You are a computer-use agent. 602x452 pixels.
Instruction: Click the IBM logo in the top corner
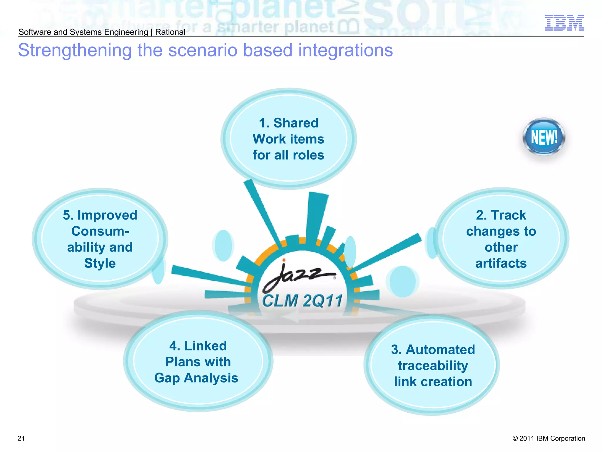point(564,23)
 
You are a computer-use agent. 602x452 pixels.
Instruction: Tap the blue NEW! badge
point(544,137)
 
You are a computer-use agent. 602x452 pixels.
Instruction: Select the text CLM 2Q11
point(302,301)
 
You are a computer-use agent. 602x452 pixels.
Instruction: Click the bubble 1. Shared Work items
point(288,139)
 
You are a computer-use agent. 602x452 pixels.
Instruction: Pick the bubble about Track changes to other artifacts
point(501,239)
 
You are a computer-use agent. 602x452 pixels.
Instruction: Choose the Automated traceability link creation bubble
point(433,365)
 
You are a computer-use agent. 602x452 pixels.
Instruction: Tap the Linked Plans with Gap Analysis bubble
point(198,362)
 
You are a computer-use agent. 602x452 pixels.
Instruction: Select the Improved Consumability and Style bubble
point(100,239)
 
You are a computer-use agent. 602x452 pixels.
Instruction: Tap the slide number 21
point(21,438)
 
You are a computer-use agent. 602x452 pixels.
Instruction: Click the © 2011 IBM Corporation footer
point(549,438)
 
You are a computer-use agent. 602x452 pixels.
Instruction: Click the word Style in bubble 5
point(100,263)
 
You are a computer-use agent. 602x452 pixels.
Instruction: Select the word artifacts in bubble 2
point(501,263)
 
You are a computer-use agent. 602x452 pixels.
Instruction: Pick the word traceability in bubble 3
point(433,366)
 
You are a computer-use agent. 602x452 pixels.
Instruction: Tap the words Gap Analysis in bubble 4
point(196,378)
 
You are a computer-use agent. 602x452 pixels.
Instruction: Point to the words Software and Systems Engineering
point(83,32)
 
